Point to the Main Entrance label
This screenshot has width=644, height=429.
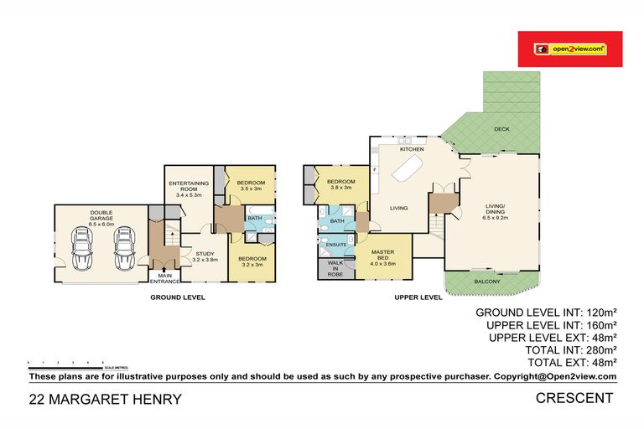pyautogui.click(x=164, y=278)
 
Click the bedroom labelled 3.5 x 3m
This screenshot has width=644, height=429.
pyautogui.click(x=251, y=186)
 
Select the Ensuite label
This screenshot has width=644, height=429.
pyautogui.click(x=337, y=245)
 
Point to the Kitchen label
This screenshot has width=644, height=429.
pyautogui.click(x=411, y=149)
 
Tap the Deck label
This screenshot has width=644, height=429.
pyautogui.click(x=501, y=129)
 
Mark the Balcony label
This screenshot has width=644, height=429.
pyautogui.click(x=486, y=282)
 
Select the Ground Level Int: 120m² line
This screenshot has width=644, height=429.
pyautogui.click(x=546, y=312)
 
